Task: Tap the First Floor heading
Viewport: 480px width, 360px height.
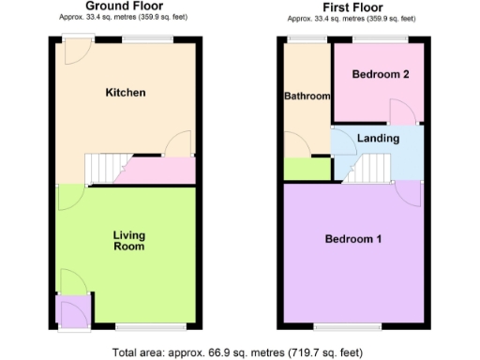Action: click(353, 7)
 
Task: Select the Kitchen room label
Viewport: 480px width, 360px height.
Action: click(126, 93)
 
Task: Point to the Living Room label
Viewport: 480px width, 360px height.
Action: click(128, 241)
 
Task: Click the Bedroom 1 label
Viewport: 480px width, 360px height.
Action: click(353, 239)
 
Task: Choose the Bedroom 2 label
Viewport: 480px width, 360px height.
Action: click(379, 74)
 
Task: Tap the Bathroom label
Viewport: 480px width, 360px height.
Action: click(307, 97)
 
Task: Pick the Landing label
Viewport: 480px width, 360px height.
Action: click(379, 138)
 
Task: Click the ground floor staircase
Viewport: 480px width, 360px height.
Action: click(105, 169)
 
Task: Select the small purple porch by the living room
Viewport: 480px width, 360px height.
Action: click(69, 311)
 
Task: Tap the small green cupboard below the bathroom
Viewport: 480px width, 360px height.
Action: click(306, 170)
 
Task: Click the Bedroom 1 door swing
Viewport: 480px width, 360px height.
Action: click(409, 192)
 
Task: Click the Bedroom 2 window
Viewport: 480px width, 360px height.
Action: click(379, 38)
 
